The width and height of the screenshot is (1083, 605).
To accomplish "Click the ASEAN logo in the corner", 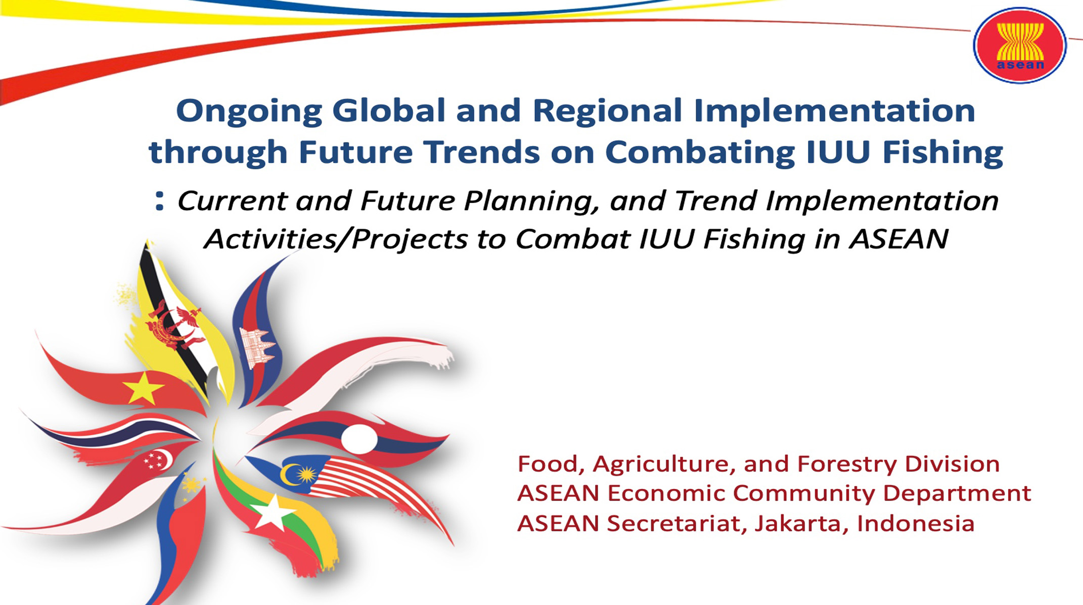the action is (1019, 45).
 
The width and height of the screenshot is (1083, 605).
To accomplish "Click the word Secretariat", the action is (677, 524).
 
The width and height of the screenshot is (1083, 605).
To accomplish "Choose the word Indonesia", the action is (916, 524).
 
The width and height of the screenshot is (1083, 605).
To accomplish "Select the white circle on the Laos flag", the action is (359, 438).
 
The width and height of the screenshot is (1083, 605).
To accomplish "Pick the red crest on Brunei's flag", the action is (174, 326).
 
